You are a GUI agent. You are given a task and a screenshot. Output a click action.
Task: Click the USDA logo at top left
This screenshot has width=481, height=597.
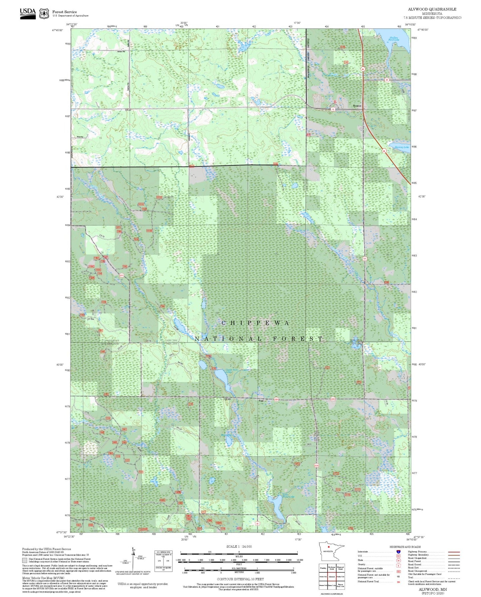[28, 13]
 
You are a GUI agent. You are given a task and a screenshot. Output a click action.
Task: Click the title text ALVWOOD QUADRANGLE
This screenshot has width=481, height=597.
[432, 9]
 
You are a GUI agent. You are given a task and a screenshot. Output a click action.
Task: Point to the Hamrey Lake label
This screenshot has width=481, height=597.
[401, 147]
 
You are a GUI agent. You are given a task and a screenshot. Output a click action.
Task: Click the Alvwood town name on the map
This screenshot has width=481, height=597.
[357, 106]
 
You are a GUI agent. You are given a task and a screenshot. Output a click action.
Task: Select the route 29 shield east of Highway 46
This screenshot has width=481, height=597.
[386, 80]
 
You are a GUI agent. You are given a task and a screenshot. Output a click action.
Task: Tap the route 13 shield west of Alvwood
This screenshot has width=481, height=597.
[333, 109]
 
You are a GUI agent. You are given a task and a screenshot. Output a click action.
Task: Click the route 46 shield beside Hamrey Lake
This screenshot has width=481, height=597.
[384, 151]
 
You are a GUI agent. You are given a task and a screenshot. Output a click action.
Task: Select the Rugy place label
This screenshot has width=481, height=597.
[261, 401]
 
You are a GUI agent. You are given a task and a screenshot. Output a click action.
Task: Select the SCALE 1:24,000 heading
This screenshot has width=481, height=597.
[239, 546]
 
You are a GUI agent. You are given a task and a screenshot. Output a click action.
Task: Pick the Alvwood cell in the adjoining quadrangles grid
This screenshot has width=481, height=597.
[332, 577]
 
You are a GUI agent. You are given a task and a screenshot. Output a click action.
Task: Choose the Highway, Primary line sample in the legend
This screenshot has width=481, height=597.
[454, 552]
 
